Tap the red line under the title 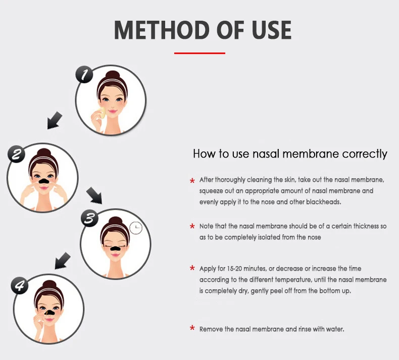pyautogui.click(x=199, y=53)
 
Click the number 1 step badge pyautogui.click(x=84, y=75)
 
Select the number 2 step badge pyautogui.click(x=16, y=154)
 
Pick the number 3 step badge pyautogui.click(x=89, y=218)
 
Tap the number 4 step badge pyautogui.click(x=19, y=286)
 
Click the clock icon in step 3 pyautogui.click(x=136, y=228)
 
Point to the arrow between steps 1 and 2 pyautogui.click(x=55, y=121)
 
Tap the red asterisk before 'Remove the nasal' pyautogui.click(x=192, y=329)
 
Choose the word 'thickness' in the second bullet pyautogui.click(x=359, y=226)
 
